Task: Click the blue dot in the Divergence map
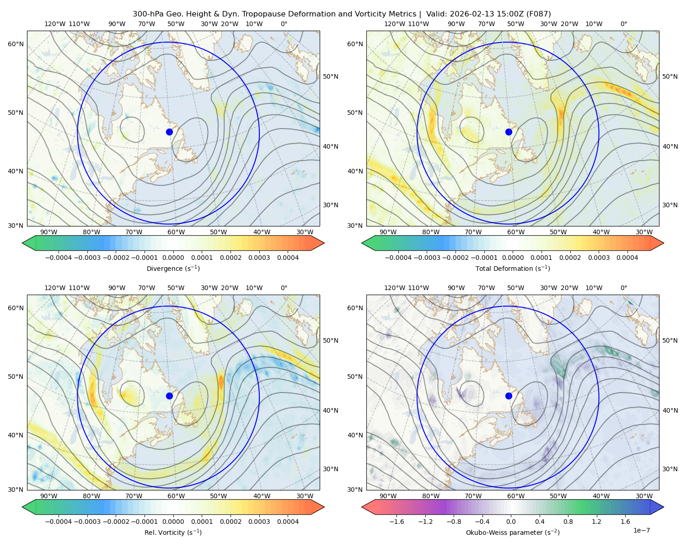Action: [x=169, y=132]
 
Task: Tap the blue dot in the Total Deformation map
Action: [x=509, y=132]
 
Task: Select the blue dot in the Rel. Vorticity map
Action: [x=169, y=396]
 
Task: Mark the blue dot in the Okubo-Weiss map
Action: [x=509, y=396]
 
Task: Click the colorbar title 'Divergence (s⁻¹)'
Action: [x=173, y=268]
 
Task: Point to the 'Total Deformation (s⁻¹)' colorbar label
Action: [x=513, y=268]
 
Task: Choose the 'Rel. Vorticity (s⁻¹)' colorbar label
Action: [x=173, y=533]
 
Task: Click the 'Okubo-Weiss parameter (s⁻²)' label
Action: [x=513, y=533]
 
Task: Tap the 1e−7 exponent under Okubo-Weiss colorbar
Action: [x=641, y=530]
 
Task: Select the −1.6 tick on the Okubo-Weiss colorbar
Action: [x=397, y=522]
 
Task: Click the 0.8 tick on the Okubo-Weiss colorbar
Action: [x=568, y=522]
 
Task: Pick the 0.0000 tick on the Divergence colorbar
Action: [x=173, y=258]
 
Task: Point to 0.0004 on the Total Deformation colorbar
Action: [x=627, y=258]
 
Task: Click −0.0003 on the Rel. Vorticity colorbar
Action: [x=87, y=522]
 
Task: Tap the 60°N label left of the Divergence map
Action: [x=16, y=44]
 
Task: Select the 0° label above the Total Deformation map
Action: [x=623, y=24]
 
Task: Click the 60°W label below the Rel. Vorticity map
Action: [x=176, y=496]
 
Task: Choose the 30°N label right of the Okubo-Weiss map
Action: [x=670, y=469]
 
